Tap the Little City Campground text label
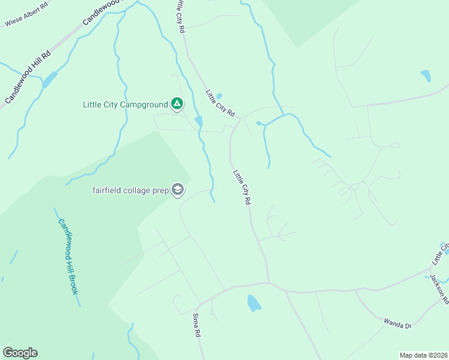click(x=125, y=104)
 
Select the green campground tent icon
click(x=177, y=104)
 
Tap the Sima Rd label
click(x=196, y=325)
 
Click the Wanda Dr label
click(x=397, y=324)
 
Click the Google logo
click(x=20, y=353)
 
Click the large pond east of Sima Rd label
click(x=254, y=303)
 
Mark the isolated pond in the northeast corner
click(x=426, y=76)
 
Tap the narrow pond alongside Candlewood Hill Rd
click(x=49, y=79)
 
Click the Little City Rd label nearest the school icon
click(x=241, y=187)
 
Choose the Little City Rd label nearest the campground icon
click(x=219, y=103)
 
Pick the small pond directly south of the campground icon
click(x=199, y=122)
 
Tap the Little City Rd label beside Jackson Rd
click(x=440, y=254)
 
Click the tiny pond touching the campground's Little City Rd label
click(x=218, y=95)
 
